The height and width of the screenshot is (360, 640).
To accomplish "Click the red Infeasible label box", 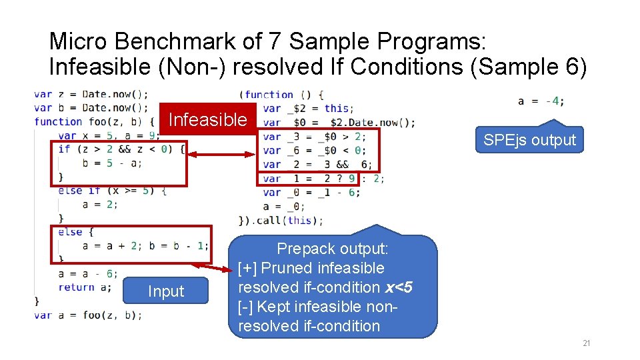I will tap(208, 120).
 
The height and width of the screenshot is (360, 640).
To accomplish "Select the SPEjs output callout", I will tap(529, 140).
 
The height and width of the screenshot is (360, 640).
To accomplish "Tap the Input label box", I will tap(166, 291).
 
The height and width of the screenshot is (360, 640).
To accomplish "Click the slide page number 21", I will tap(586, 343).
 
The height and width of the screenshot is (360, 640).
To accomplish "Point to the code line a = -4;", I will tap(541, 101).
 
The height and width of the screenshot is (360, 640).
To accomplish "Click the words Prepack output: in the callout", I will tap(332, 249).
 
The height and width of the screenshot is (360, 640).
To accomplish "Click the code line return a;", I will tap(85, 287).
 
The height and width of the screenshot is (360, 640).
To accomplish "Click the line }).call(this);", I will tap(280, 220).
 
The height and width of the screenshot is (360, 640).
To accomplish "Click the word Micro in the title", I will tap(79, 41).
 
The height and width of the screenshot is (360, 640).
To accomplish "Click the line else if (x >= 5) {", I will tap(112, 190).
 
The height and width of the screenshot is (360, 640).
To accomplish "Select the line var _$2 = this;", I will tap(308, 108).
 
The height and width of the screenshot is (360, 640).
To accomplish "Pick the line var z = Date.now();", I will tap(91, 94).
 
